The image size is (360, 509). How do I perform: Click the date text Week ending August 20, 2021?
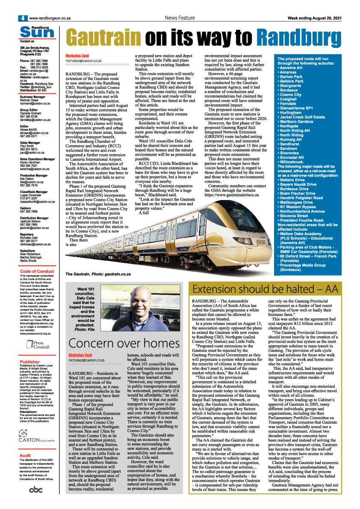314,18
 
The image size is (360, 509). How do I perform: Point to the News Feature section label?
180,18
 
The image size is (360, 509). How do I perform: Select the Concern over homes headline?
124,343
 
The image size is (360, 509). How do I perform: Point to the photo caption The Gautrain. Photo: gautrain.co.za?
98,274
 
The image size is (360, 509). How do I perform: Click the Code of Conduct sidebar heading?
37,271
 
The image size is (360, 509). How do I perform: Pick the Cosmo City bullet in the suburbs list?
292,94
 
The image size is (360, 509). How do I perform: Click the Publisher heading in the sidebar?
30,362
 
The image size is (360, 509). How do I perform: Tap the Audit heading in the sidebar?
25,456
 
